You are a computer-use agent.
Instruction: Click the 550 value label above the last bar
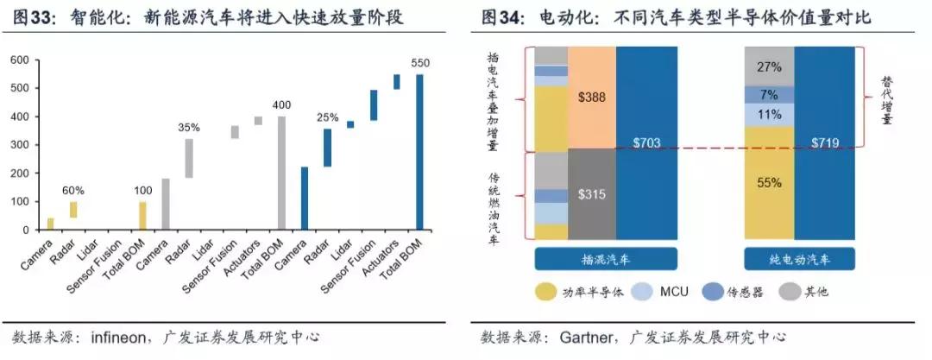(420, 64)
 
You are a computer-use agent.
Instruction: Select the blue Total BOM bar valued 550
(420, 152)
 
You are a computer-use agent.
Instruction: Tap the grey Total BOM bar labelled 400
(281, 173)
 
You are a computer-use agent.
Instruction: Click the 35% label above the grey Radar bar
(189, 128)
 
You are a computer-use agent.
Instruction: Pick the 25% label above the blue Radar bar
(327, 117)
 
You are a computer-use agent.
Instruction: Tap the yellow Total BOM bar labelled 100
(142, 216)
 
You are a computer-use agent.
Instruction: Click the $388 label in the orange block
(591, 98)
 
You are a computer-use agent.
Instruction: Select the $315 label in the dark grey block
(591, 194)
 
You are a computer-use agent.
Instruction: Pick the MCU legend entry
(673, 292)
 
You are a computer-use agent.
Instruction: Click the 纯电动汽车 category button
(800, 259)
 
